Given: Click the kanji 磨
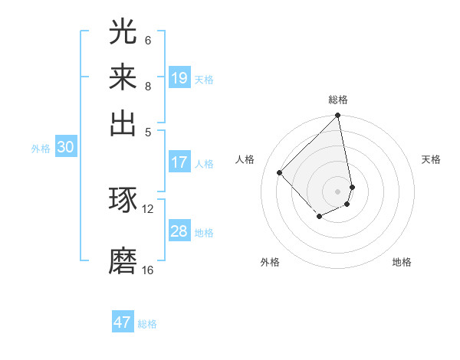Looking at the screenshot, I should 123,260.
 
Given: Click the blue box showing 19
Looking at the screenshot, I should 179,78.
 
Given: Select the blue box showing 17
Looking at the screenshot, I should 179,162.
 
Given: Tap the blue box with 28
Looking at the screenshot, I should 179,231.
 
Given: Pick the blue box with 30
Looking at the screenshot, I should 65,148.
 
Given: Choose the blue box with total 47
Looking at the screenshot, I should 123,322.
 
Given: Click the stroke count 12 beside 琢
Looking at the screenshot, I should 148,208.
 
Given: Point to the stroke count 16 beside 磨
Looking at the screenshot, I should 148,270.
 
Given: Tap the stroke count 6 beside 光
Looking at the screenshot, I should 148,40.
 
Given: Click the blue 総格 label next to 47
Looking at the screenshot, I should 147,324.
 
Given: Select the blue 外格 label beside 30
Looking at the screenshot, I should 41,149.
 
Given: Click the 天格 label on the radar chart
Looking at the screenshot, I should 431,159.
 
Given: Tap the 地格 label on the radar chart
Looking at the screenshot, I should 402,262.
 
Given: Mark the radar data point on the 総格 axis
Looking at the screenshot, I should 337,116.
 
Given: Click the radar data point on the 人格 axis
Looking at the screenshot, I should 280,172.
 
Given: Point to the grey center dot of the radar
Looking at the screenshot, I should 337,191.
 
